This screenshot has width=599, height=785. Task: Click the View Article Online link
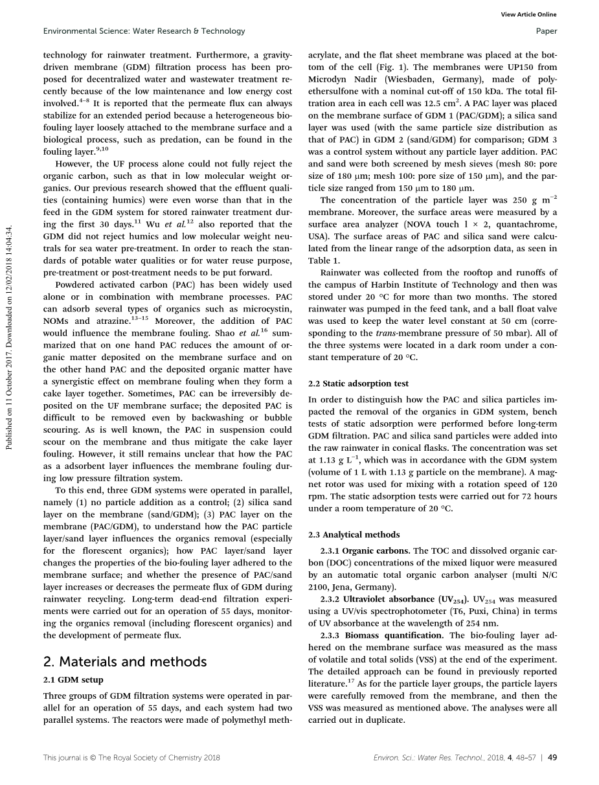[x=529, y=15]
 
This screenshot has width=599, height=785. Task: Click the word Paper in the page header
[x=547, y=31]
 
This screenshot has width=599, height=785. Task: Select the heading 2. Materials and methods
[x=124, y=661]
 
